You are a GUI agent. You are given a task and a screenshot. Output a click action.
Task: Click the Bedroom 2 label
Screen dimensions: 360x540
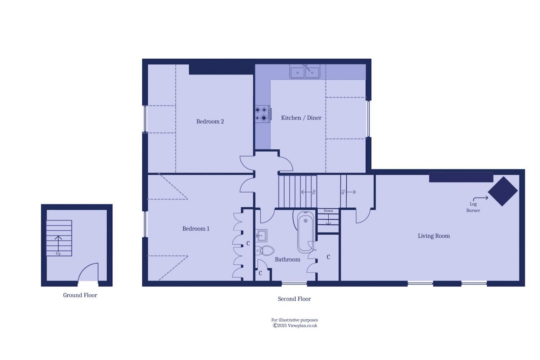[210, 122]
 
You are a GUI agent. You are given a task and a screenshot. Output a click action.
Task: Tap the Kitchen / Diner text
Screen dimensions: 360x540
[301, 118]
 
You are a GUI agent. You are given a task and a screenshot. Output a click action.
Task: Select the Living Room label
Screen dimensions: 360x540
[434, 236]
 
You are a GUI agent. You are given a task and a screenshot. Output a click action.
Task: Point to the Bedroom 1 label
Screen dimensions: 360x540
[196, 229]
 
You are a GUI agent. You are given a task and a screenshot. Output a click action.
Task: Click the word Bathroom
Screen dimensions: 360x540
[287, 259]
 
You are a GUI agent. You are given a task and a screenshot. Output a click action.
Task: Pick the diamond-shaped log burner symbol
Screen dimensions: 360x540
[503, 191]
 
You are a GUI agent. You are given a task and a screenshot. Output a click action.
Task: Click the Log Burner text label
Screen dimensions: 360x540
[473, 207]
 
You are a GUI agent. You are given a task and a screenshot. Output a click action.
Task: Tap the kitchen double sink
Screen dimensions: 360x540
[305, 72]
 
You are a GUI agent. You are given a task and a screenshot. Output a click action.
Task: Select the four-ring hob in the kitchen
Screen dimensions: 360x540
[263, 114]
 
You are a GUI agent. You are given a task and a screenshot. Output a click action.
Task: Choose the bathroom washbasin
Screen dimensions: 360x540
[261, 235]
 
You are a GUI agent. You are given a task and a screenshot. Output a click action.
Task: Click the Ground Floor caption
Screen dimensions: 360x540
[80, 295]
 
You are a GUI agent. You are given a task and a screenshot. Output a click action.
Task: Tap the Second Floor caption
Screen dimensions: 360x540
[294, 299]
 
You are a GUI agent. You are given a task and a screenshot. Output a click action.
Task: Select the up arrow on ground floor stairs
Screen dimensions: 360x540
[58, 243]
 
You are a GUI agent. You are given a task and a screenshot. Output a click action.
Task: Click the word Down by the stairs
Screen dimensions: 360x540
[328, 211]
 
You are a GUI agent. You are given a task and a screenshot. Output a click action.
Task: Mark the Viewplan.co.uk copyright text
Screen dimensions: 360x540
[295, 326]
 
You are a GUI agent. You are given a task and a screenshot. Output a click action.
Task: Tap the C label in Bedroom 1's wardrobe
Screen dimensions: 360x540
[248, 244]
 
